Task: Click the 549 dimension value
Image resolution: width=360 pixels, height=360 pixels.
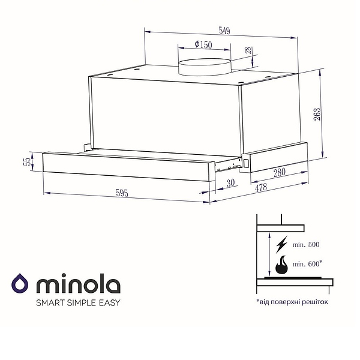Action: pos(224,31)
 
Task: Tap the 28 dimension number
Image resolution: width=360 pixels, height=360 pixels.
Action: pos(248,53)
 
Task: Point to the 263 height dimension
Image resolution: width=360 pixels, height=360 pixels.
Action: pos(317,114)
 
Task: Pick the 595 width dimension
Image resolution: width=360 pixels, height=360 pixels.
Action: pos(122,193)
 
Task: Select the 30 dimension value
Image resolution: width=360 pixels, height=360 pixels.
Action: pos(231,183)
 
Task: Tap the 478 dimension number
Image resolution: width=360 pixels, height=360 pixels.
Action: pos(262,188)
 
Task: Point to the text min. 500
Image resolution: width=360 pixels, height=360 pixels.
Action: pos(307,245)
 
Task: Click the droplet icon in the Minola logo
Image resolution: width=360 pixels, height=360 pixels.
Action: pos(20,283)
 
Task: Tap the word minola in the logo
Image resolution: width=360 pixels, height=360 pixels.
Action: pos(79,283)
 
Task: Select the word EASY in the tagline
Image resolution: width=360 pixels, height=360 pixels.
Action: pos(108,302)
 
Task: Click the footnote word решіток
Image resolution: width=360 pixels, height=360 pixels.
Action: pos(314,302)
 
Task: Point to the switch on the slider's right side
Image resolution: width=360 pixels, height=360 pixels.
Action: pos(245,163)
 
